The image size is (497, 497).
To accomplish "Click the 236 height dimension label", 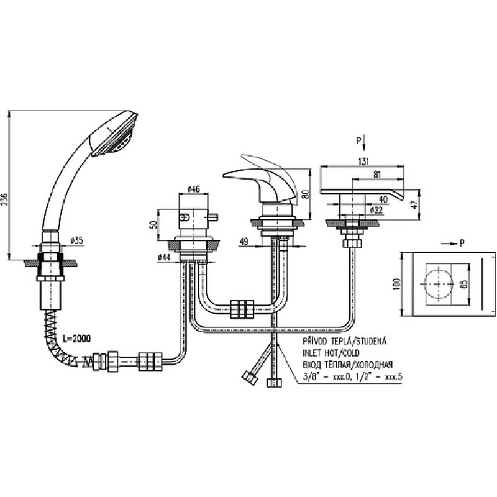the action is coord(4,199).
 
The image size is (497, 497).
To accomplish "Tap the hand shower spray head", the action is coord(114,134).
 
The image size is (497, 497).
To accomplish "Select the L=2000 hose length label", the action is coord(76,339).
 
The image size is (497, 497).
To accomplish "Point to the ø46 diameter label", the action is coord(193,189).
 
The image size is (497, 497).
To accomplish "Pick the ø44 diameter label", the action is coord(164,258).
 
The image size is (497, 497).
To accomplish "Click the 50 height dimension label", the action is coord(153,225).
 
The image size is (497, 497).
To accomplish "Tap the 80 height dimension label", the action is coord(305,194).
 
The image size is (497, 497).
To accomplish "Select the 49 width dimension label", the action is coord(244,241).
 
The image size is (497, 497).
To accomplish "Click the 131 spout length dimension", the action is coord(364,162).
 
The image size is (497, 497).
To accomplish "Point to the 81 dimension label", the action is coord(377,175).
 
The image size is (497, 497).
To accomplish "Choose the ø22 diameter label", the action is coord(376,209).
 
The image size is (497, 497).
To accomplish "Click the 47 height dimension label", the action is coord(414,204).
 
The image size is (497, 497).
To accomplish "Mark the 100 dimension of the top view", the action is coord(396,283).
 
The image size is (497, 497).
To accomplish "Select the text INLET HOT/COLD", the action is coord(331,352).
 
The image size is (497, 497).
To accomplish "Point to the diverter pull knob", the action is coord(213,217).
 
